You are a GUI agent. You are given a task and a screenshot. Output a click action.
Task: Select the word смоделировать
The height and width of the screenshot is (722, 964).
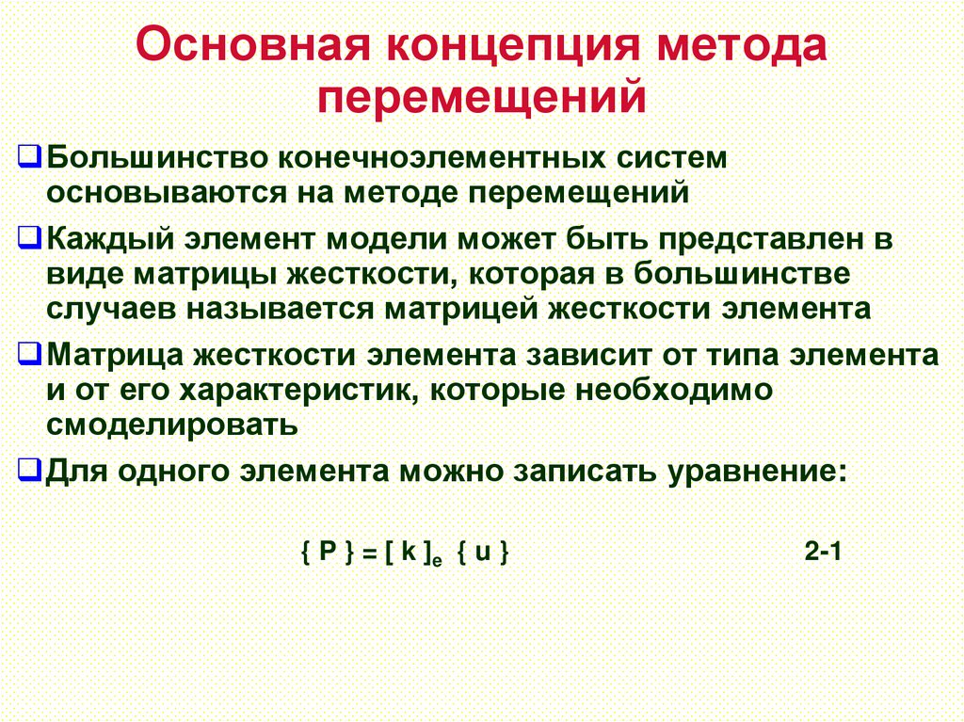tap(172, 425)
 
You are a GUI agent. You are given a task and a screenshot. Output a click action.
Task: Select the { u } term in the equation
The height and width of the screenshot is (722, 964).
tap(484, 554)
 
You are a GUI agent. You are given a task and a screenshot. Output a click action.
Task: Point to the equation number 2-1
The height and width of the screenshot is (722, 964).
tap(822, 554)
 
